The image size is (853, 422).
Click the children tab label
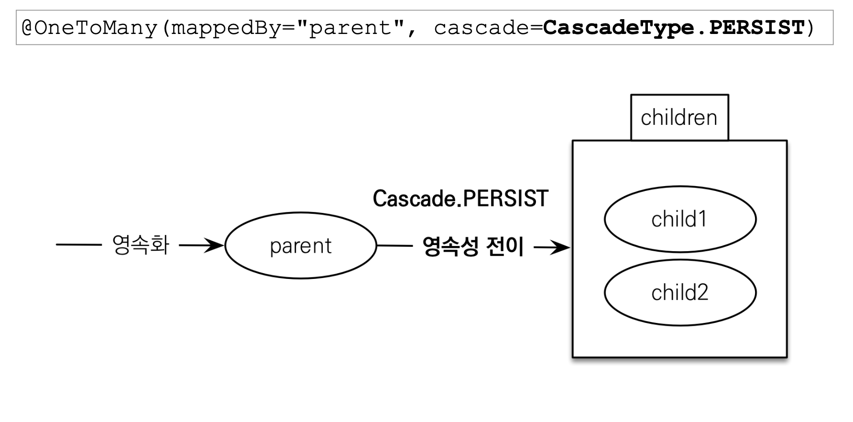(679, 118)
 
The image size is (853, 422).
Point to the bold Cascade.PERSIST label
(460, 199)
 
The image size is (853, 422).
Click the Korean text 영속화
(140, 245)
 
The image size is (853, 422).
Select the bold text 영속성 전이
(473, 247)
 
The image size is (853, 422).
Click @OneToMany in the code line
(89, 28)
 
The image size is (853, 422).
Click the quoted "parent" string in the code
(350, 28)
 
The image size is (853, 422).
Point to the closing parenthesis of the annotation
(810, 28)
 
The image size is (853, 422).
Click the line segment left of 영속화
(79, 245)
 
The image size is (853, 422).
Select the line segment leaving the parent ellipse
(395, 246)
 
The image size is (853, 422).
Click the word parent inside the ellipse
(300, 246)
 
